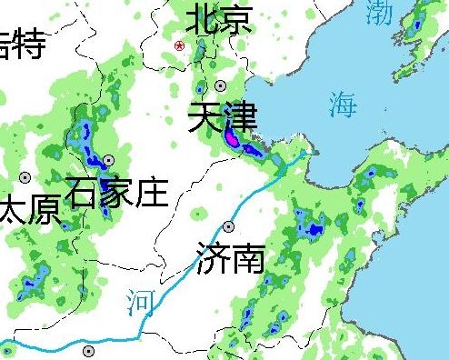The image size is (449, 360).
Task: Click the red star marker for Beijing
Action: click(x=180, y=45)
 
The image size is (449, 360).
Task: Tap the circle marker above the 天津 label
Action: click(x=199, y=90)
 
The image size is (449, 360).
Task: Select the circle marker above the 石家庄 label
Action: click(x=109, y=160)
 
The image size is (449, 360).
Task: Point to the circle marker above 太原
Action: click(x=25, y=177)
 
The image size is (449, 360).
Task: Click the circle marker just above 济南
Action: click(x=229, y=226)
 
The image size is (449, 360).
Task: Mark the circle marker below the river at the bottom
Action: click(x=88, y=351)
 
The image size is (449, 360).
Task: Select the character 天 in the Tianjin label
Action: click(x=205, y=119)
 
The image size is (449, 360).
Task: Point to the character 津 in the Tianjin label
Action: click(x=240, y=119)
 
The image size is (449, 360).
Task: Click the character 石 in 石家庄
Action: click(x=83, y=193)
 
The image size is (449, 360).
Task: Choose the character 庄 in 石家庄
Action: click(x=151, y=193)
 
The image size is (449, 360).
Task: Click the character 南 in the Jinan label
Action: click(x=247, y=258)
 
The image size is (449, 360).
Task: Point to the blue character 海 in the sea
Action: click(x=343, y=104)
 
